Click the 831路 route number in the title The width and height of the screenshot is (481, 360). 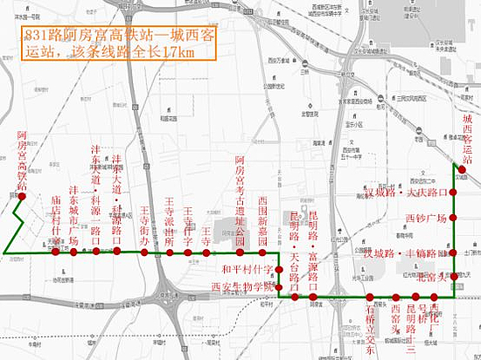(43, 36)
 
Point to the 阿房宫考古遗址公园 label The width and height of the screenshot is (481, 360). (240, 197)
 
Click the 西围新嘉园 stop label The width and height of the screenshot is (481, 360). (261, 222)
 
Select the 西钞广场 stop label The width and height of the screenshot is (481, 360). (426, 218)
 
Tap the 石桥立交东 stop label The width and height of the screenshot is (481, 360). (371, 327)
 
